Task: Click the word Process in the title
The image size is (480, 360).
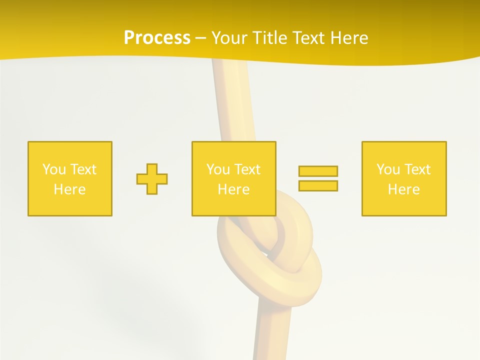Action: click(x=157, y=38)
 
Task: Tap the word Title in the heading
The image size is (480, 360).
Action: click(x=271, y=38)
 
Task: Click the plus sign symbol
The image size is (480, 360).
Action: click(x=152, y=179)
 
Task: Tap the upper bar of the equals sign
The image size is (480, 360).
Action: click(x=318, y=171)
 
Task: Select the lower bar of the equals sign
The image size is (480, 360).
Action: click(x=318, y=185)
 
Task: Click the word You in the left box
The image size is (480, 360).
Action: click(x=53, y=169)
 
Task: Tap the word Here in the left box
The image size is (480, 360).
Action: click(x=70, y=189)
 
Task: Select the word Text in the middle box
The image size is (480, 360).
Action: click(x=247, y=169)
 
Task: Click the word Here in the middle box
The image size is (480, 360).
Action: click(x=233, y=189)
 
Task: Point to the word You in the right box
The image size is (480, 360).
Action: click(x=387, y=169)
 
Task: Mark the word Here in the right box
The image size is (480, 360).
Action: click(x=404, y=189)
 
